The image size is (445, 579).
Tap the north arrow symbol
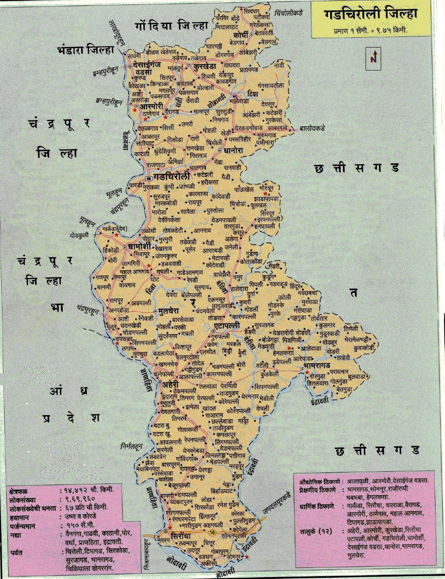point(373,59)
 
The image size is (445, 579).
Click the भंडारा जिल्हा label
point(86,50)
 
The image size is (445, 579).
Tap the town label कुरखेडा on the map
point(205,66)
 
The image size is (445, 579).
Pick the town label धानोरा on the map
point(233,151)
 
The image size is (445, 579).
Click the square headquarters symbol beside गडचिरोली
point(148,178)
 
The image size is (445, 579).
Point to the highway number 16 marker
point(212,532)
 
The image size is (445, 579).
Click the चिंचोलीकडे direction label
point(289,13)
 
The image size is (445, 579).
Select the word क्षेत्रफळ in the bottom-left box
point(19,491)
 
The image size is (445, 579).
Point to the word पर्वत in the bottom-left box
point(16,552)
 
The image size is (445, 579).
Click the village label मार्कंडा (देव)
point(115,228)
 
